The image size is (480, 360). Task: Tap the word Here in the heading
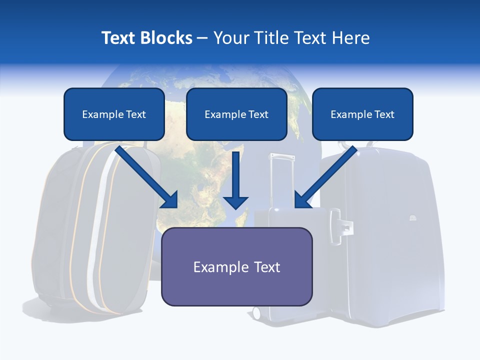click(353, 38)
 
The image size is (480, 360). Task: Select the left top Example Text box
click(114, 114)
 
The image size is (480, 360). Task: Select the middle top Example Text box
click(236, 114)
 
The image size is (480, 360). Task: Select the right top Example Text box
click(362, 114)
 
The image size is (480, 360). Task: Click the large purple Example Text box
click(236, 266)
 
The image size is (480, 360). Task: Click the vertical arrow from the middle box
click(235, 180)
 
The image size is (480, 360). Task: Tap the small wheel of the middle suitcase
click(256, 313)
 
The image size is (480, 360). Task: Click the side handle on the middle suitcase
click(345, 227)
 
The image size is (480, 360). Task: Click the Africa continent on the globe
click(200, 165)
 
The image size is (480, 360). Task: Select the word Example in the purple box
click(214, 267)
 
